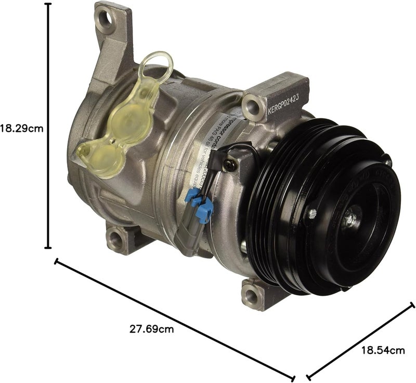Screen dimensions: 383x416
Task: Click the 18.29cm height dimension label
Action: (21, 127)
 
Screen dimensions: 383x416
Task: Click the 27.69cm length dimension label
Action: (151, 329)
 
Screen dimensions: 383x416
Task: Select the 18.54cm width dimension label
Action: (383, 350)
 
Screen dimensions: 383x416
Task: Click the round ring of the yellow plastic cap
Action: (158, 67)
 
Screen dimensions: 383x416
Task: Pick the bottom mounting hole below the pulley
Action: (251, 296)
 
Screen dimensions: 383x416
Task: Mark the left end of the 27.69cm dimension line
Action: (56, 262)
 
